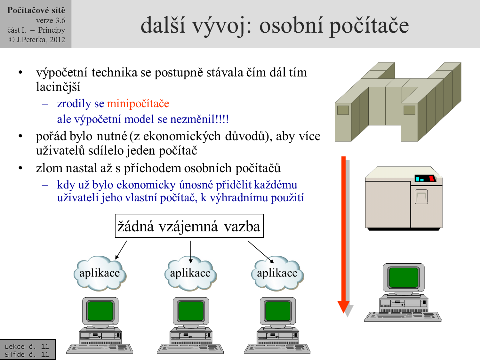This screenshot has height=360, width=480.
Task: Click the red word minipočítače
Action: click(x=138, y=104)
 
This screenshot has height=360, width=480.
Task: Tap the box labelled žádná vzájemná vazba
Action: click(x=189, y=226)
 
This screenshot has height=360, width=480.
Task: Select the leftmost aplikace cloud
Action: click(x=100, y=273)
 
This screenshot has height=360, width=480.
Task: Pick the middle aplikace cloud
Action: click(x=190, y=273)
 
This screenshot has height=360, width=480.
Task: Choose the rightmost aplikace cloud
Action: click(x=277, y=273)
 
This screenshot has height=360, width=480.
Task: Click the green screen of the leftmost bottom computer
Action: click(x=100, y=311)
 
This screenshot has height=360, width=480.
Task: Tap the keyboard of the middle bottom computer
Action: click(x=190, y=348)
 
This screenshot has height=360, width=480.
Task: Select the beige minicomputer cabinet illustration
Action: click(x=404, y=198)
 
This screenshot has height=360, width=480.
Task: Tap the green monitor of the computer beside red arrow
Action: click(x=404, y=277)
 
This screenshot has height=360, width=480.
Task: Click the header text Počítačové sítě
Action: click(x=36, y=10)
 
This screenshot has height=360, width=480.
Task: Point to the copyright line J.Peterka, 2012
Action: click(x=37, y=40)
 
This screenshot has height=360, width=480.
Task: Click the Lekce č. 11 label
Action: click(x=27, y=346)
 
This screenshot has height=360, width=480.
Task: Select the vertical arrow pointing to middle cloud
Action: click(x=191, y=252)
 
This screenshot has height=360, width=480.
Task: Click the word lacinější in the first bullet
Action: click(x=58, y=87)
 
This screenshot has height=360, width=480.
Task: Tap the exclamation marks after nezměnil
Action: click(x=223, y=119)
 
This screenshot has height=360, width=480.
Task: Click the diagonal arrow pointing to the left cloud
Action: click(x=121, y=250)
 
